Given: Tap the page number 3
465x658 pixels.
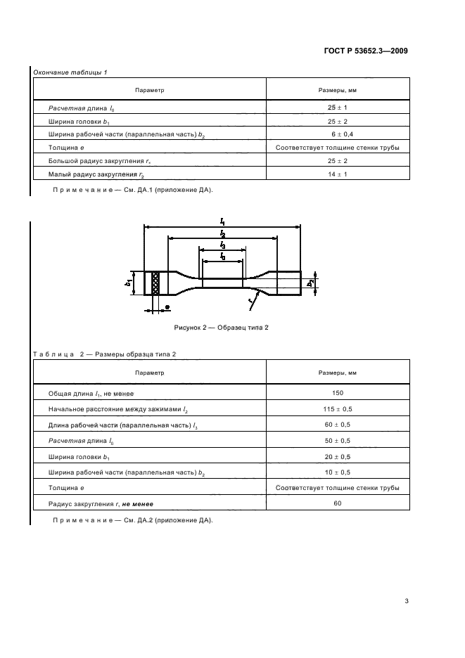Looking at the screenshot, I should [407, 600].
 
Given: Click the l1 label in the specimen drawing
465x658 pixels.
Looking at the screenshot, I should [222, 222].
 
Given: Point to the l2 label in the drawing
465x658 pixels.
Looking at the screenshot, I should [222, 233].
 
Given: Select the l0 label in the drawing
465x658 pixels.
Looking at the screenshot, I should [222, 257].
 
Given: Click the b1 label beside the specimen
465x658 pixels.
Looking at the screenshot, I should [129, 283].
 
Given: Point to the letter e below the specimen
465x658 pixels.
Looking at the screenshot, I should [167, 308].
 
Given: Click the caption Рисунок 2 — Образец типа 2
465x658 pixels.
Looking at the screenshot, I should [222, 328].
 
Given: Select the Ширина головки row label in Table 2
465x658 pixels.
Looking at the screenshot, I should [78, 456].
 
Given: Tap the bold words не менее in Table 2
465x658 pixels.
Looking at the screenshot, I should [137, 503].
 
